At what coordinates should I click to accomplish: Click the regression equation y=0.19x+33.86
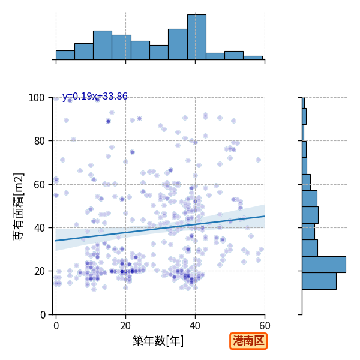95,96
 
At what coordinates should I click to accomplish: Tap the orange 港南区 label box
248,341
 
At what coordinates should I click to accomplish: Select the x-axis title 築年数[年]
158,341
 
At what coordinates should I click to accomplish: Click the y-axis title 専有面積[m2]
19,206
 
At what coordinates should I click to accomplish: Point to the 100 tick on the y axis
36,98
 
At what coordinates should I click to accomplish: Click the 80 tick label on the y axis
39,141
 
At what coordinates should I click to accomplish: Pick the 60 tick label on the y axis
39,184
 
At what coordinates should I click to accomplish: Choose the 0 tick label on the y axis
43,314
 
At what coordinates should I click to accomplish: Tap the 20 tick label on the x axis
125,326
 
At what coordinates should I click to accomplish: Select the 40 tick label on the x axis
195,326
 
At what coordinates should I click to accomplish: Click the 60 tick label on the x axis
265,326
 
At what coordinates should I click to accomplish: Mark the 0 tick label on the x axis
56,326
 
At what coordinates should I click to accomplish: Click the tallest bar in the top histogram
197,37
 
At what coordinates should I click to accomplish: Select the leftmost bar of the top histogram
65,55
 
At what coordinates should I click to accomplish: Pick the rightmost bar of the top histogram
253,58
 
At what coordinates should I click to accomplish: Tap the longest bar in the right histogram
324,265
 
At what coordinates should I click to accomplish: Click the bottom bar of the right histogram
319,281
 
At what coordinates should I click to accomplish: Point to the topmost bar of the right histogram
303,103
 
